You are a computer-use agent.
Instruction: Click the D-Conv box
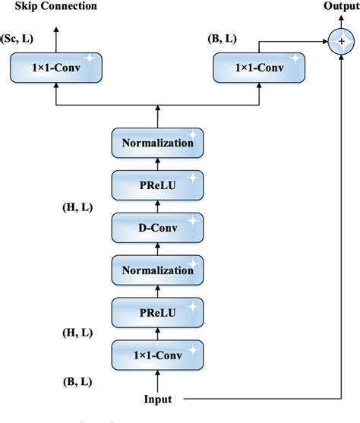(x=157, y=226)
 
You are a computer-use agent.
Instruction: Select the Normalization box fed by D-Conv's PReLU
(x=157, y=141)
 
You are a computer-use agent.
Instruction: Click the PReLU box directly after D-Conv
(x=157, y=184)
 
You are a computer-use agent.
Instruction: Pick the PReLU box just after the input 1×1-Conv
(x=157, y=311)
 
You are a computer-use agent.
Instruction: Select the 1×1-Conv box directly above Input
(x=157, y=354)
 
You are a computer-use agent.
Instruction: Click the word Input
(x=157, y=399)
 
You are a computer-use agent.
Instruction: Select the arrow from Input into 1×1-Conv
(x=157, y=379)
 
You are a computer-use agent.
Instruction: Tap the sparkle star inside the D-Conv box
(x=194, y=219)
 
